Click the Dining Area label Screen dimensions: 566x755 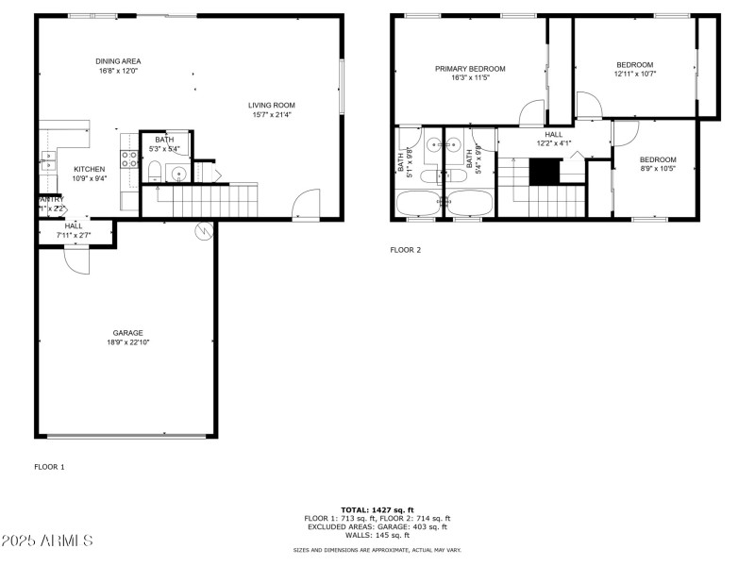coord(118,66)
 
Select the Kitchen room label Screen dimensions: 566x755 coord(90,174)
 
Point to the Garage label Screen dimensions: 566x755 coord(127,337)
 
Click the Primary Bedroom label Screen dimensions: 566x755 coord(469,73)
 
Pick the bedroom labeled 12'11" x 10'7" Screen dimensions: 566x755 coord(634,69)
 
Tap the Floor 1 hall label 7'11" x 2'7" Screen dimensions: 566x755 coord(74,230)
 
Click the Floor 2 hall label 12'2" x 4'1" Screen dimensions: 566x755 coord(554,139)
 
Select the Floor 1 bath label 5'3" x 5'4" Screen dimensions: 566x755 coord(164,144)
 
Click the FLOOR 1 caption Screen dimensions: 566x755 coord(49,467)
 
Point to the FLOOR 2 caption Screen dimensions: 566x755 coord(406,250)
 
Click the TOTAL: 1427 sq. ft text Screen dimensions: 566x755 coord(377,509)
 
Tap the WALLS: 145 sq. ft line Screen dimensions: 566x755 coord(377,534)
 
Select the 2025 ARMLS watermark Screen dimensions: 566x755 coord(47,541)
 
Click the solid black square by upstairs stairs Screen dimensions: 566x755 coord(544,172)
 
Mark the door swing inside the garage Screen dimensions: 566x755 coord(76,260)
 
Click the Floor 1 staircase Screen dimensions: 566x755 coord(199,200)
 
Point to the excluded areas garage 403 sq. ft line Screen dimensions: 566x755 coord(377,526)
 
